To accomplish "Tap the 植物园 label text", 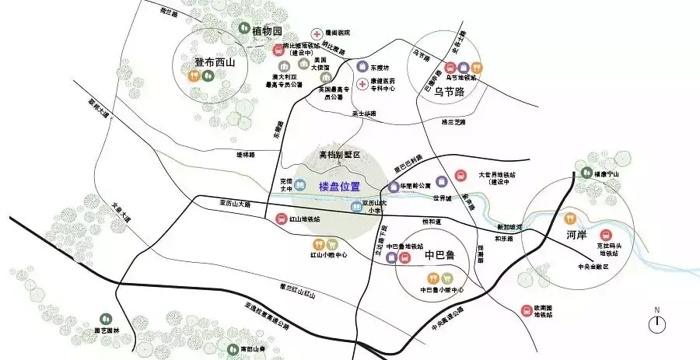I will point(267,31).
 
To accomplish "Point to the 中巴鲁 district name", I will point(439,255).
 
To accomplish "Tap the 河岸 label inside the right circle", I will point(576,232).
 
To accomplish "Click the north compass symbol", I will point(657,323).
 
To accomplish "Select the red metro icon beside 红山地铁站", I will point(282,219).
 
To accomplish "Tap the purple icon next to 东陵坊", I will point(362,67).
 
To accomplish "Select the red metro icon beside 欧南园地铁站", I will point(527,311).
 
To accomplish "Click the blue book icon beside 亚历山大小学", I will point(355,207).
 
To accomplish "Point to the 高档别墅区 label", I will point(340,155).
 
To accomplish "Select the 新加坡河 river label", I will point(505,227).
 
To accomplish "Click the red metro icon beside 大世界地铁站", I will point(460,176).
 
